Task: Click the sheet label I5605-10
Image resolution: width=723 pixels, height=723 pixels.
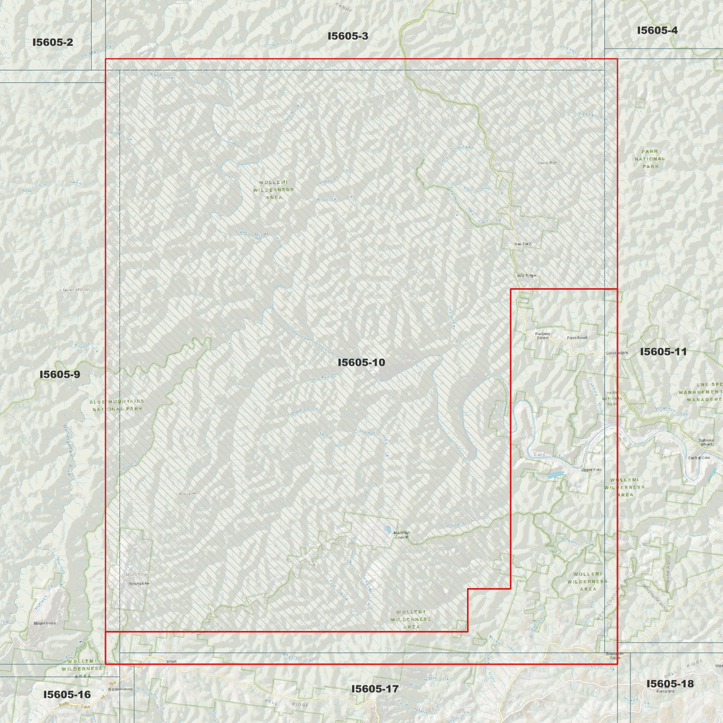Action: coord(361,362)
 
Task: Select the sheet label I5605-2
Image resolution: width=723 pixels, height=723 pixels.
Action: coord(53,42)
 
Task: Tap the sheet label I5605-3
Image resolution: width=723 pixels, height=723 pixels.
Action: coord(348,36)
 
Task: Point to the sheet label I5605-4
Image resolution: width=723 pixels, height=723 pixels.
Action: coord(657,31)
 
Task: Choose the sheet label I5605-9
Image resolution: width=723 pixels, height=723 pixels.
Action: coord(60,374)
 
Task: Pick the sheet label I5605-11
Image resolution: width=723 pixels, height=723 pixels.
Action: coord(663,352)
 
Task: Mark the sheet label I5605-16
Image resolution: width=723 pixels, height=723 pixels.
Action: coord(67,694)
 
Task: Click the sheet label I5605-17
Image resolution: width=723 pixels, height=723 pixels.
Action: coord(375,689)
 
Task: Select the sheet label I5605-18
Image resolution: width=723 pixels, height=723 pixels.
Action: coord(669,683)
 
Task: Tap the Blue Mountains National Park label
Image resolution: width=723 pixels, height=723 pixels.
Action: coord(117,405)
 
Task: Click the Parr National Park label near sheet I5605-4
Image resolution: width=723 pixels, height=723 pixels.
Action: coord(650,159)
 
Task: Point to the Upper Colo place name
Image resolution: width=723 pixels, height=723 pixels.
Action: coord(591,470)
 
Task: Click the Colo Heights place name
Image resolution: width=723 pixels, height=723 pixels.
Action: coord(617,353)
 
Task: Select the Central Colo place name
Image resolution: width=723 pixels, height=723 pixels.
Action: coord(698,458)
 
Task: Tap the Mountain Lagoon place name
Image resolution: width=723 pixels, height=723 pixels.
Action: coord(402,535)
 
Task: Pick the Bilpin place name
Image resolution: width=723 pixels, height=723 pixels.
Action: coord(171,661)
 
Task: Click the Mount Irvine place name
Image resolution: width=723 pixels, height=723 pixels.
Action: coord(45,623)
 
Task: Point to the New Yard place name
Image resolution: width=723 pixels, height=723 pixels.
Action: coord(522,244)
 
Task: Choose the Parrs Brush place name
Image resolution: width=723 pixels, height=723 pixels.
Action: coord(577,338)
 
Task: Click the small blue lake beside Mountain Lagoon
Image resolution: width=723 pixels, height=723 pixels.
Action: coord(388,529)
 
